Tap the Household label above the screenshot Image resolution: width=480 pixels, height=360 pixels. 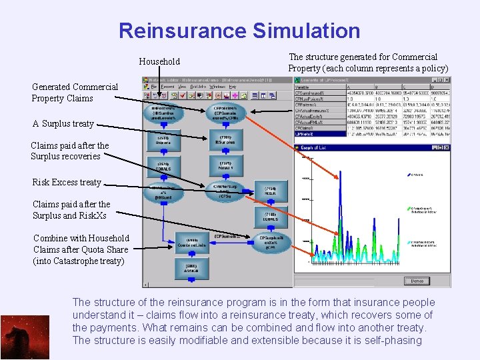[x=159, y=61]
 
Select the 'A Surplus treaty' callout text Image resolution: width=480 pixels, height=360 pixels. [x=63, y=124]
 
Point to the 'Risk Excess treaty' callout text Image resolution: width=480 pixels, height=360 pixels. [x=67, y=182]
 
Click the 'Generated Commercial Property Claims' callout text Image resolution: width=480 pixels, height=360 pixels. [x=75, y=93]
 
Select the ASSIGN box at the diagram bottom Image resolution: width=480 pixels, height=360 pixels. [x=192, y=269]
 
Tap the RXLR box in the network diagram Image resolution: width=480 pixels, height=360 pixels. [x=269, y=191]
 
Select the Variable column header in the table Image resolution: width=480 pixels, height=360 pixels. [x=307, y=86]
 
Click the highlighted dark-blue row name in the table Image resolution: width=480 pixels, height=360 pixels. [x=310, y=134]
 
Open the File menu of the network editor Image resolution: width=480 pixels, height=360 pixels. [x=153, y=87]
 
